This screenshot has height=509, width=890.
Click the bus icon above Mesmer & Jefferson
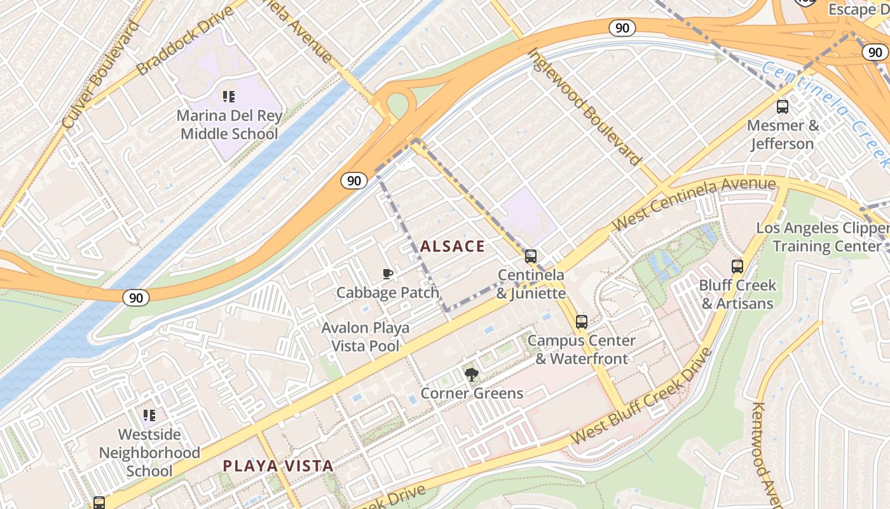click(x=783, y=107)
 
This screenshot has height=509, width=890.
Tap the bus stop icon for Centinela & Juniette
click(x=530, y=256)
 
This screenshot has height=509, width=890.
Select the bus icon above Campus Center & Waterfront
click(x=581, y=322)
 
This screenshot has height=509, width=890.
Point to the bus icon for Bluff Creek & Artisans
click(x=737, y=267)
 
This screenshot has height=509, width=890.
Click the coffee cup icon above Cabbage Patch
click(x=388, y=274)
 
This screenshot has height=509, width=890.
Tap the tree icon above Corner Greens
click(x=471, y=374)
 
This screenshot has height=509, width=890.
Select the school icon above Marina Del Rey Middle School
click(x=229, y=97)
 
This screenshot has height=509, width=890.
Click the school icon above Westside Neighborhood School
click(x=149, y=416)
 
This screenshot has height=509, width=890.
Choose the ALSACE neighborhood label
click(x=452, y=246)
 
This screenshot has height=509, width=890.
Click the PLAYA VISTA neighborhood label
click(x=278, y=466)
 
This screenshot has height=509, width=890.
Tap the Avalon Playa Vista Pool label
click(x=365, y=337)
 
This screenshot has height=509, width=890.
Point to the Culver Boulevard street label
click(x=102, y=75)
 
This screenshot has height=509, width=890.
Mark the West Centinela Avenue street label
click(x=694, y=204)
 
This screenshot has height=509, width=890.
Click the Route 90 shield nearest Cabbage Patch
click(x=353, y=181)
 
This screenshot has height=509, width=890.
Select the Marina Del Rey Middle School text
click(x=229, y=125)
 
